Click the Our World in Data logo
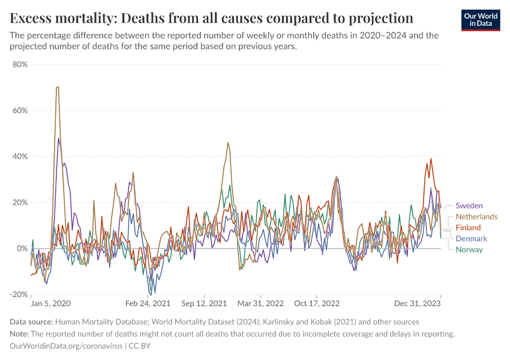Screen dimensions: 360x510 pos(480,20)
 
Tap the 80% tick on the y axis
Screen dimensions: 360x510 pos(20,64)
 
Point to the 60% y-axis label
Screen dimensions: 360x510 pos(20,110)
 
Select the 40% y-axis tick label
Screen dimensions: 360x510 pos(20,157)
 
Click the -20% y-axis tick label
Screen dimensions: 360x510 pos(19,295)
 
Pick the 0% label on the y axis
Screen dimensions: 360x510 pos(22,248)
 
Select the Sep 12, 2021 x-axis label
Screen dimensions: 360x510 pos(204,304)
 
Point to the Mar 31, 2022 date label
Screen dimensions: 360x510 pos(260,304)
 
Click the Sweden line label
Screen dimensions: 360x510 pos(469,206)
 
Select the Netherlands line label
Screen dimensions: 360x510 pos(476,217)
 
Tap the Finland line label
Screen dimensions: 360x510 pos(468,228)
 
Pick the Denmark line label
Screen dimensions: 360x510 pos(472,239)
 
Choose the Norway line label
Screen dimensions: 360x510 pos(469,250)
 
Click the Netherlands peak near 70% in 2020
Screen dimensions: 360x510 pos(57,87)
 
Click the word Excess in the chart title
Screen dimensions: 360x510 pos(34,17)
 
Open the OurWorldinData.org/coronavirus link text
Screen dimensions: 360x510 pos(66,346)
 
